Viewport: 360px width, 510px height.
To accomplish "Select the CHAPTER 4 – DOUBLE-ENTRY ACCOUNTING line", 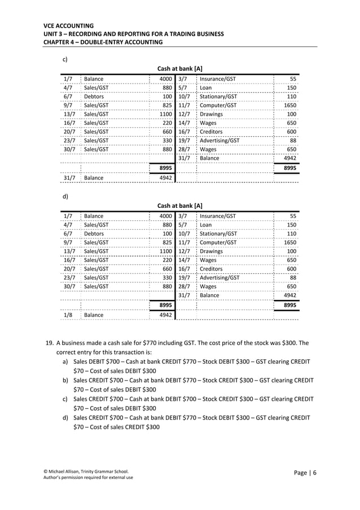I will point(103,42).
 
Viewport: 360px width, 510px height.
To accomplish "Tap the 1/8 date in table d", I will point(68,315).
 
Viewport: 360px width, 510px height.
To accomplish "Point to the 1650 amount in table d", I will point(289,242).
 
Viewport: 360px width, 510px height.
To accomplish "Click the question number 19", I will point(49,343).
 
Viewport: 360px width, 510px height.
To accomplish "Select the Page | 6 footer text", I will point(305,473).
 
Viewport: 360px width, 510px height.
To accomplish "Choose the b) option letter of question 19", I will point(66,380).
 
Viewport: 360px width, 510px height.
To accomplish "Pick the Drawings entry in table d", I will point(211,251).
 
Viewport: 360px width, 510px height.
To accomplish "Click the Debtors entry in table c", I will point(94,97).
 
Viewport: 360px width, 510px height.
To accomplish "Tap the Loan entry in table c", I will point(205,88).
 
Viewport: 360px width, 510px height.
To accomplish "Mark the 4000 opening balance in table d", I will point(165,216).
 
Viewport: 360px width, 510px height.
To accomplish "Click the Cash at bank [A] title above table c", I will point(179,68).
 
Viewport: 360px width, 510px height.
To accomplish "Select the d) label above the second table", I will point(65,196).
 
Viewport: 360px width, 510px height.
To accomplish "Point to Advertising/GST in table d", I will point(219,277).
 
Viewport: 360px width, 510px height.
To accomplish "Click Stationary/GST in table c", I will point(218,97).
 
